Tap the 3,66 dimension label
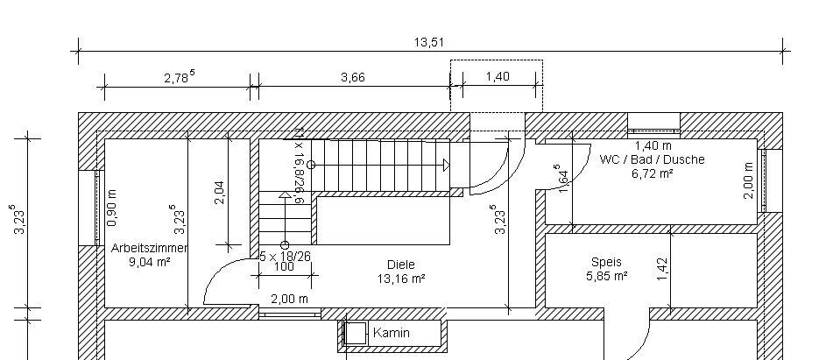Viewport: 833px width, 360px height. click(x=352, y=77)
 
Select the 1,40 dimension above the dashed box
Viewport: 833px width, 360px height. click(x=497, y=77)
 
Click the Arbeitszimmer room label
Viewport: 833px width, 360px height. click(x=150, y=248)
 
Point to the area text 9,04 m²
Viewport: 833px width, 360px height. click(x=150, y=261)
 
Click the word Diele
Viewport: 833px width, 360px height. click(x=400, y=265)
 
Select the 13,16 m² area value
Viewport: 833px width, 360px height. click(x=400, y=279)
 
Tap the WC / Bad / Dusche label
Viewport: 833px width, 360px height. click(x=652, y=160)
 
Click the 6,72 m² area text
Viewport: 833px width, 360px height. click(x=652, y=173)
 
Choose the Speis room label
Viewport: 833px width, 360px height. click(x=606, y=262)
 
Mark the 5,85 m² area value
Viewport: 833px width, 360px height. click(x=606, y=276)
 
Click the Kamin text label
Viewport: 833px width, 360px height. click(x=392, y=333)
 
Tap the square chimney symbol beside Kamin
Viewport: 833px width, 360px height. click(x=356, y=334)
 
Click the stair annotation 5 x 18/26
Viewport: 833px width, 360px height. click(x=286, y=256)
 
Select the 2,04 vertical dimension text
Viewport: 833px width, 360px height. click(x=219, y=193)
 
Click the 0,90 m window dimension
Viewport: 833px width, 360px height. click(x=111, y=208)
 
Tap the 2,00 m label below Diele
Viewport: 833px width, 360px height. click(x=289, y=299)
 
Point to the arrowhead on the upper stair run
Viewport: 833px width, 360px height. click(x=446, y=165)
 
